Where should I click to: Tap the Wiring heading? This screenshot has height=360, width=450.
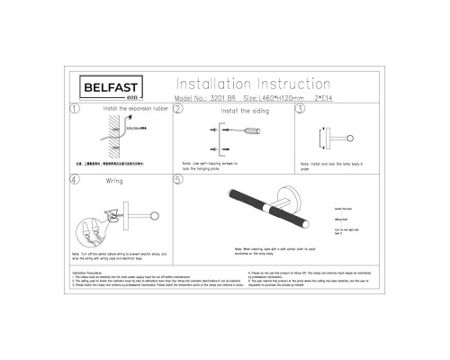[x=115, y=179]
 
